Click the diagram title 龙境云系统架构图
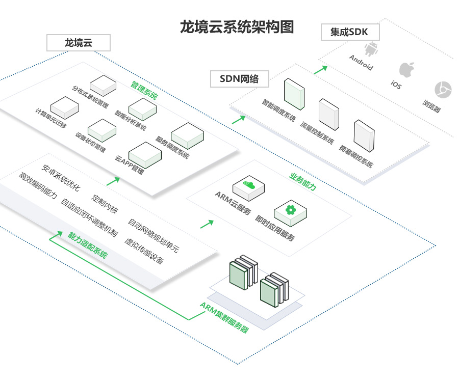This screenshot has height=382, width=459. tap(237, 26)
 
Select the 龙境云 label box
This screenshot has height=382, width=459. tap(78, 42)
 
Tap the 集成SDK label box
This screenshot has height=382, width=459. tap(350, 32)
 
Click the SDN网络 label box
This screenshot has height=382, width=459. tap(239, 78)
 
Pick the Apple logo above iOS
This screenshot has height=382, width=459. tap(406, 69)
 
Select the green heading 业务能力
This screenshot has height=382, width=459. tap(303, 181)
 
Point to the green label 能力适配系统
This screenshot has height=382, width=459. tap(87, 244)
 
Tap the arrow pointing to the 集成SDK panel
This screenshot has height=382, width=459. tap(320, 69)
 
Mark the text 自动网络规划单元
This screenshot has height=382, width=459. tap(154, 236)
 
